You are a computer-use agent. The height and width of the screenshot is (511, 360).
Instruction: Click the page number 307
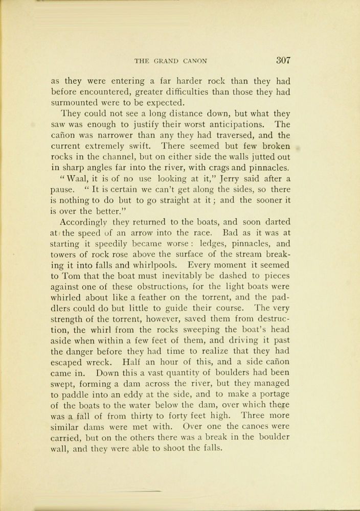pos(283,60)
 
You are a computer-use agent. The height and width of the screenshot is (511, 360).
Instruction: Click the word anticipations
pos(228,125)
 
